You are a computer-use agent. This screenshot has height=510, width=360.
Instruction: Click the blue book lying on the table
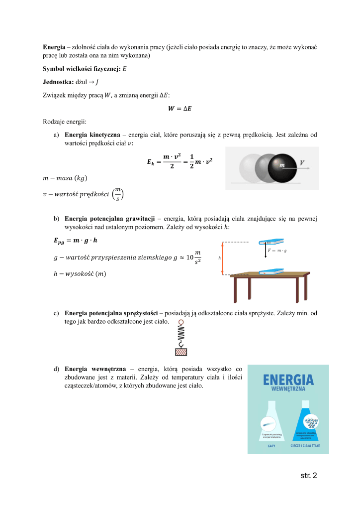(x=271, y=271)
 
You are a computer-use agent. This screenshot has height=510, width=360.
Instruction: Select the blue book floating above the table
(x=271, y=243)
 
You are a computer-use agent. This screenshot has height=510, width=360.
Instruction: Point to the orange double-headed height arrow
(x=223, y=257)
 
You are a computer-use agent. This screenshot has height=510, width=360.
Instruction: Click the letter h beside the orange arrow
(x=219, y=258)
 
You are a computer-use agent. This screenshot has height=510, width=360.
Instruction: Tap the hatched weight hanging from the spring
(x=181, y=352)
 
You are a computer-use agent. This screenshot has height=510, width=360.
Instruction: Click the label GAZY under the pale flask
(x=271, y=446)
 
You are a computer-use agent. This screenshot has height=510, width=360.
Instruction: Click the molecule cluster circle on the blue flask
(x=312, y=424)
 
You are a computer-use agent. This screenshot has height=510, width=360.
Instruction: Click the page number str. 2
(x=308, y=475)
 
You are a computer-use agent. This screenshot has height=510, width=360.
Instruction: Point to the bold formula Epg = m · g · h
(x=69, y=241)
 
